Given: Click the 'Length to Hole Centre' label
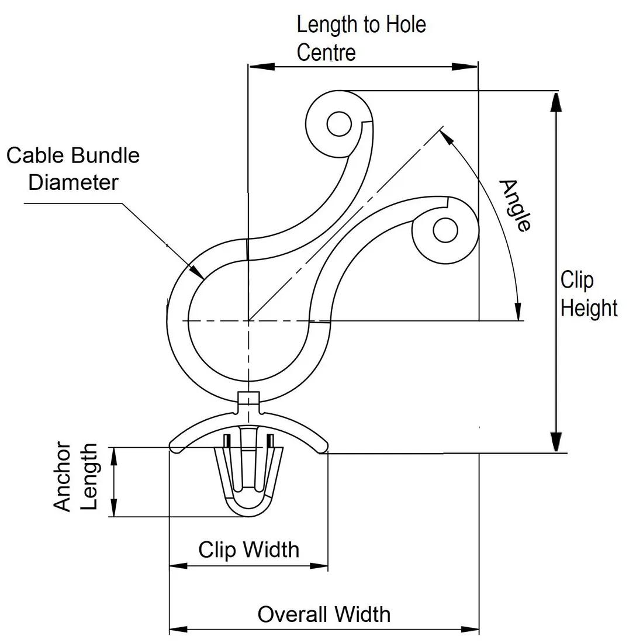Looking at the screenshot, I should pos(361,39).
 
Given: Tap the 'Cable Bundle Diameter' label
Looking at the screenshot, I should pos(73,168).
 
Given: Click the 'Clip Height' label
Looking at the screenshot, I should pos(588,294).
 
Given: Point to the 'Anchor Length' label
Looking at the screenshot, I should pos(75,477).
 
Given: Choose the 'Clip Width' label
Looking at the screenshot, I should pos(248,549).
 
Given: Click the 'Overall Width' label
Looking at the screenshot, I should pos(324,614).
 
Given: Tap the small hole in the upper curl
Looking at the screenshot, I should pos(339,125).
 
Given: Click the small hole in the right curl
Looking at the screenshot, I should pos(445,230).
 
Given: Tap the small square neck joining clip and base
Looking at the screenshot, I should pos(249,400).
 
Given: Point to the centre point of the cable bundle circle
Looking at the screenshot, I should pos(249,320).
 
